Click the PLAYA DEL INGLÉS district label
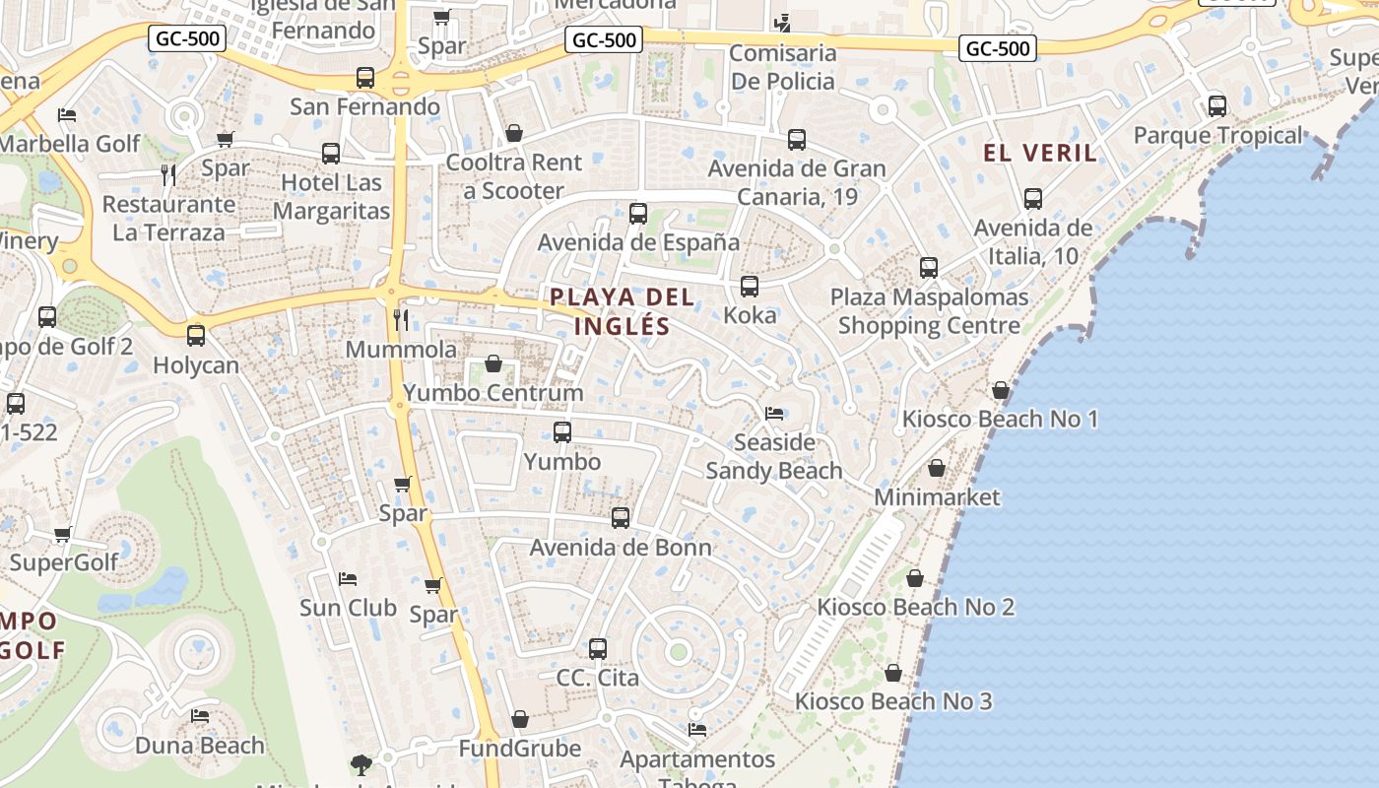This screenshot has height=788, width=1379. point(623,311)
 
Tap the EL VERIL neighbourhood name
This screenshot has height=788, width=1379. point(1040,153)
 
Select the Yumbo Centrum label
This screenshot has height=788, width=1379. point(493,393)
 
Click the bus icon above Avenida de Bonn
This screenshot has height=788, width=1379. point(621,518)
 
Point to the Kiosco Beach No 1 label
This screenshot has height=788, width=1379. point(1000,420)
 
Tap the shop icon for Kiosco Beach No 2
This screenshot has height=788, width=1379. point(915,578)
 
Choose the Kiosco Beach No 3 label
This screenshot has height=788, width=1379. point(893,701)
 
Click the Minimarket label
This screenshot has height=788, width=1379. point(937,497)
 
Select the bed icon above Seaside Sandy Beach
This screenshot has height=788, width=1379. point(774,414)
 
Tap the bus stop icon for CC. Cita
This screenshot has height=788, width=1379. point(598,649)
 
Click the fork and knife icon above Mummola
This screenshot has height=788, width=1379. point(401,319)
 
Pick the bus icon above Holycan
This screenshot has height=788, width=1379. point(196,336)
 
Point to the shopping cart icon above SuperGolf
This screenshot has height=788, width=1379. point(63,535)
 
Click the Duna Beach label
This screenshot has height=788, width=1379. point(200,746)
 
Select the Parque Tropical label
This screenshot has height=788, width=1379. point(1217,136)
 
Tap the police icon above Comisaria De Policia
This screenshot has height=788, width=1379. point(783,23)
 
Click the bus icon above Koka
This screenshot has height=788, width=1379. point(750,287)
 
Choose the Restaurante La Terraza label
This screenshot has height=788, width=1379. point(168,219)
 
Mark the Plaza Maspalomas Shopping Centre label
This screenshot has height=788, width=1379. point(929,311)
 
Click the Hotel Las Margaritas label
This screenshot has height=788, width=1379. point(331,197)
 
